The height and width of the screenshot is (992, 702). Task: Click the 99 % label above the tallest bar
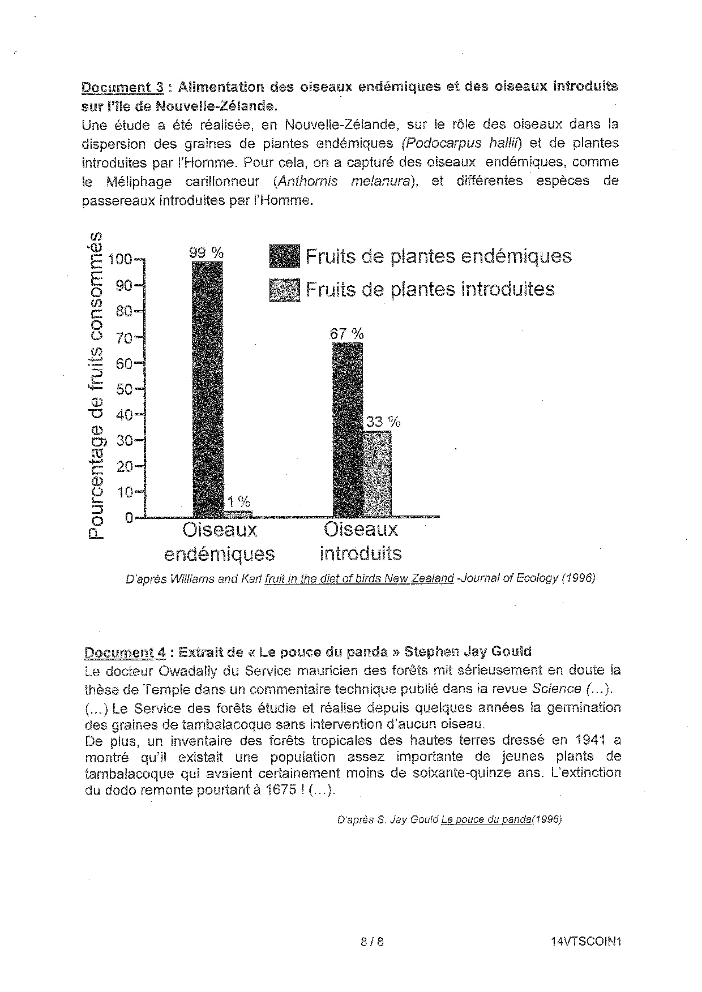207,253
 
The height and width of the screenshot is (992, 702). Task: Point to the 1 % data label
239,502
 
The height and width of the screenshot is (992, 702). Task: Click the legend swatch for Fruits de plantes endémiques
284,257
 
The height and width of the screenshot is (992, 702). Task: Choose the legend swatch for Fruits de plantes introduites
284,290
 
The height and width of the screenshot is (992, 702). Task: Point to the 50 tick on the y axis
125,389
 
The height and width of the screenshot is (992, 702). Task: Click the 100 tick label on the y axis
119,260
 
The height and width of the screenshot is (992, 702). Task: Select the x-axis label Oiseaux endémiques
219,542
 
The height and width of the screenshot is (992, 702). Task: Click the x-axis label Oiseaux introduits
361,542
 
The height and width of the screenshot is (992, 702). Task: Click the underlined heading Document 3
123,87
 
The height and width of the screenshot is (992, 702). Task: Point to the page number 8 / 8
372,942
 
